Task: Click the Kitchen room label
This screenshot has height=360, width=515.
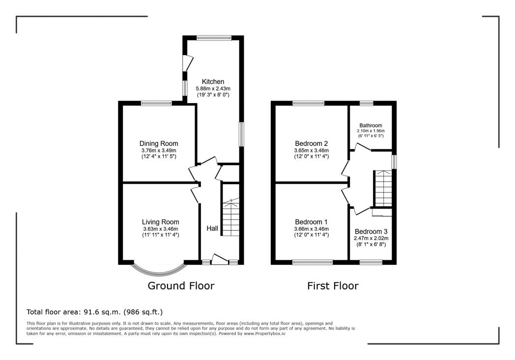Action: pyautogui.click(x=213, y=82)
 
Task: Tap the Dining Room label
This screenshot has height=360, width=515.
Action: pyautogui.click(x=159, y=143)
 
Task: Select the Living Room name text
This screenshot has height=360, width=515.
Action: pyautogui.click(x=160, y=222)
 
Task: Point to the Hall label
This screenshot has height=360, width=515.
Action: pyautogui.click(x=212, y=228)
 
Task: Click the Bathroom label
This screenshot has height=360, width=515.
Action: pyautogui.click(x=371, y=125)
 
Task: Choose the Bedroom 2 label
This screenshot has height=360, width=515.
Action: pyautogui.click(x=311, y=143)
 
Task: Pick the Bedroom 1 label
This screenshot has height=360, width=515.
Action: pyautogui.click(x=311, y=222)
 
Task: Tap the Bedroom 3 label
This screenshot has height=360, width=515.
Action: pyautogui.click(x=371, y=232)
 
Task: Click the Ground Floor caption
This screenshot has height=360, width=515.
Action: pyautogui.click(x=181, y=286)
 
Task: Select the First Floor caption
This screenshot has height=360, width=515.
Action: pyautogui.click(x=333, y=286)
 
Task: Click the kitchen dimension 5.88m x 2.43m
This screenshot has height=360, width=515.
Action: pyautogui.click(x=213, y=88)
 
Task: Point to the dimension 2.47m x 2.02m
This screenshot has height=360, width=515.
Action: pyautogui.click(x=371, y=239)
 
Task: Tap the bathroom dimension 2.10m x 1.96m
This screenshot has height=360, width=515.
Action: pyautogui.click(x=371, y=131)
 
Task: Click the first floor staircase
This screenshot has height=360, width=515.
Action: pyautogui.click(x=383, y=189)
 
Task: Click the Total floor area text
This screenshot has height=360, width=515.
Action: pyautogui.click(x=94, y=312)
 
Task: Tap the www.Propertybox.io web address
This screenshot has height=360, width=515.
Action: pyautogui.click(x=264, y=333)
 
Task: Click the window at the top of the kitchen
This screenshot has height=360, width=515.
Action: pyautogui.click(x=214, y=38)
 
